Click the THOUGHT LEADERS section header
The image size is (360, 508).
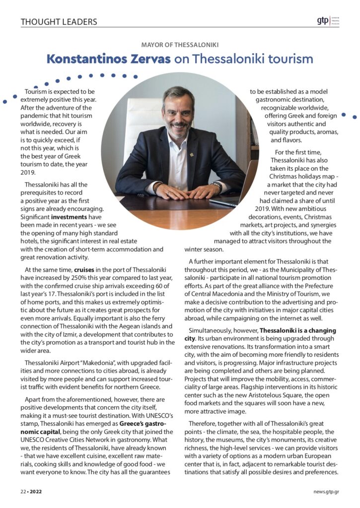pyautogui.click(x=59, y=22)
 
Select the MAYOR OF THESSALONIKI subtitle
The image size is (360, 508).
pyautogui.click(x=180, y=45)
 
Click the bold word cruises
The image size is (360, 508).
pyautogui.click(x=73, y=270)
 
